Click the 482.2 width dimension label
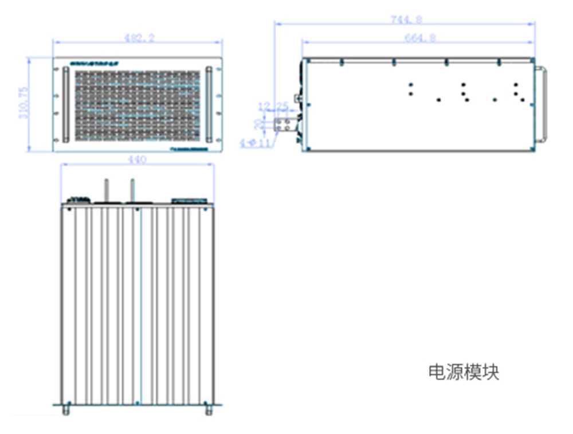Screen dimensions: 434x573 click(x=137, y=38)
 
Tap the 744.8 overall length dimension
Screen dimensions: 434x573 click(x=406, y=19)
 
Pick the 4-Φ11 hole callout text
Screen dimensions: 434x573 click(x=256, y=142)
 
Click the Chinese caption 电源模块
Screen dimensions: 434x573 click(x=464, y=372)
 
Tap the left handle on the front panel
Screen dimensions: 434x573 click(x=65, y=104)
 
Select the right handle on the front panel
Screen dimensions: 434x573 click(x=209, y=104)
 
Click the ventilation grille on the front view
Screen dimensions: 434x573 click(x=136, y=105)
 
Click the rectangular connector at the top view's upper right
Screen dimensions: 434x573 click(x=190, y=201)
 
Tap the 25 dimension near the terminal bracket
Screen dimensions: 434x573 click(x=282, y=106)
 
